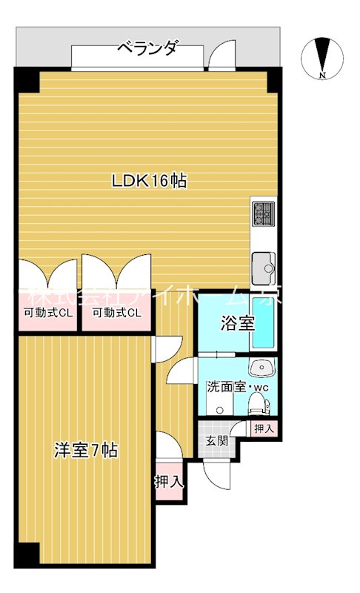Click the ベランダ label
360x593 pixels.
coord(147,49)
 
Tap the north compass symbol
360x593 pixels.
coord(321,57)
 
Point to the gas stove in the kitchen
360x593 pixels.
coord(262,214)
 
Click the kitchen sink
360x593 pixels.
coord(262,265)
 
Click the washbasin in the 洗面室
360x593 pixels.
coord(261,367)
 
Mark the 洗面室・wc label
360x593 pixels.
coord(236,387)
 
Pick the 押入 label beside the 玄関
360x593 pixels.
coord(263,428)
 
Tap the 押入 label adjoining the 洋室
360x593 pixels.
coord(169,481)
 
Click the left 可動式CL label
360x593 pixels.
coord(47,313)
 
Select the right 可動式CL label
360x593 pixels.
coord(116,313)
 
